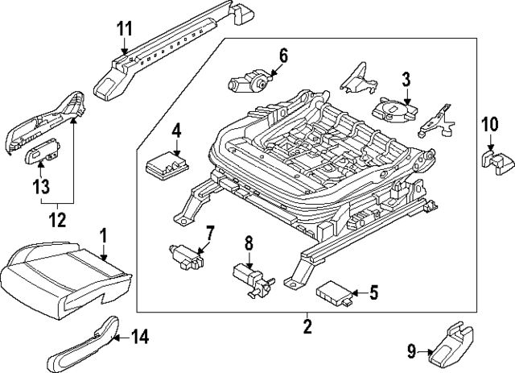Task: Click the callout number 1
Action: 102,235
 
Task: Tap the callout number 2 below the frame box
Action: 307,326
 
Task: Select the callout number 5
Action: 373,292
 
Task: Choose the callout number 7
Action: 209,234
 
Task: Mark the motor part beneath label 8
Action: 249,276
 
